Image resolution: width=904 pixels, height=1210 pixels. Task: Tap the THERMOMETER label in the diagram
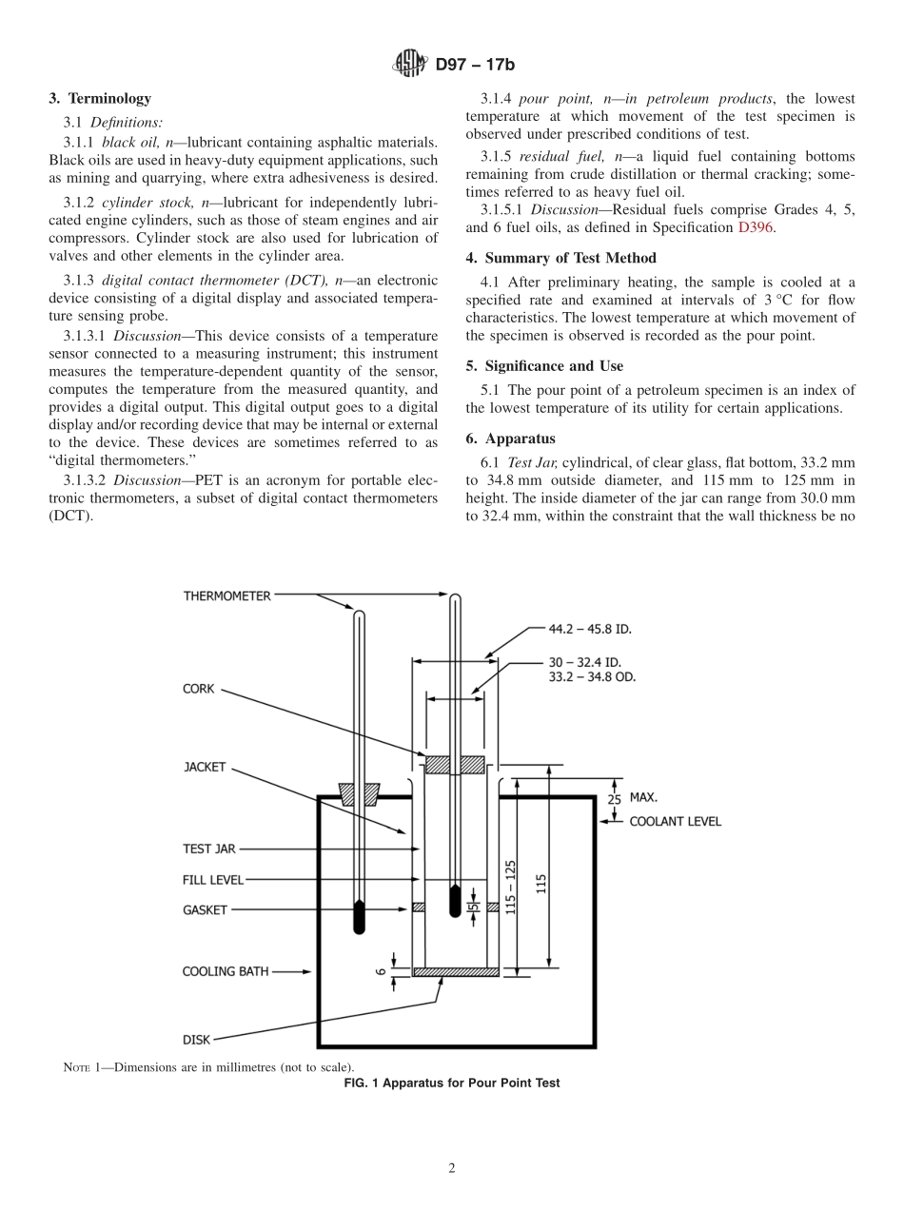[x=226, y=596]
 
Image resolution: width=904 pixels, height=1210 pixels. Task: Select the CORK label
[x=199, y=689]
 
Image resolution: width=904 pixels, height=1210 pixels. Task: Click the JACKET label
[x=204, y=767]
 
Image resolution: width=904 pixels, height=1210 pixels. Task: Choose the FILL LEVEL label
[x=212, y=880]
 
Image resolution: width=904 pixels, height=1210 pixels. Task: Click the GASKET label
[x=205, y=910]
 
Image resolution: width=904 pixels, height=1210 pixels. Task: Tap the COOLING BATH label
[x=226, y=971]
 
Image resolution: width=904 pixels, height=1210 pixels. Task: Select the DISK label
[x=196, y=1040]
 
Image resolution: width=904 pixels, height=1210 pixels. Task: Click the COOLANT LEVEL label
[x=675, y=821]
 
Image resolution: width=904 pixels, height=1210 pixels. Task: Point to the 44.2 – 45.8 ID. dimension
[x=590, y=629]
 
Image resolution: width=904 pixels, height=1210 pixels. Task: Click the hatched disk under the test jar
[x=456, y=972]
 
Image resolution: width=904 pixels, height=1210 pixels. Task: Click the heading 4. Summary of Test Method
[x=560, y=258]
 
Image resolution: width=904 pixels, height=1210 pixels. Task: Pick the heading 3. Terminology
[x=100, y=98]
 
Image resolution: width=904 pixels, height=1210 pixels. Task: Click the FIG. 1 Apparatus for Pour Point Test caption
[x=451, y=1083]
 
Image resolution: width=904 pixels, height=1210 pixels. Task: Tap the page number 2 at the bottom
[x=452, y=1169]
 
